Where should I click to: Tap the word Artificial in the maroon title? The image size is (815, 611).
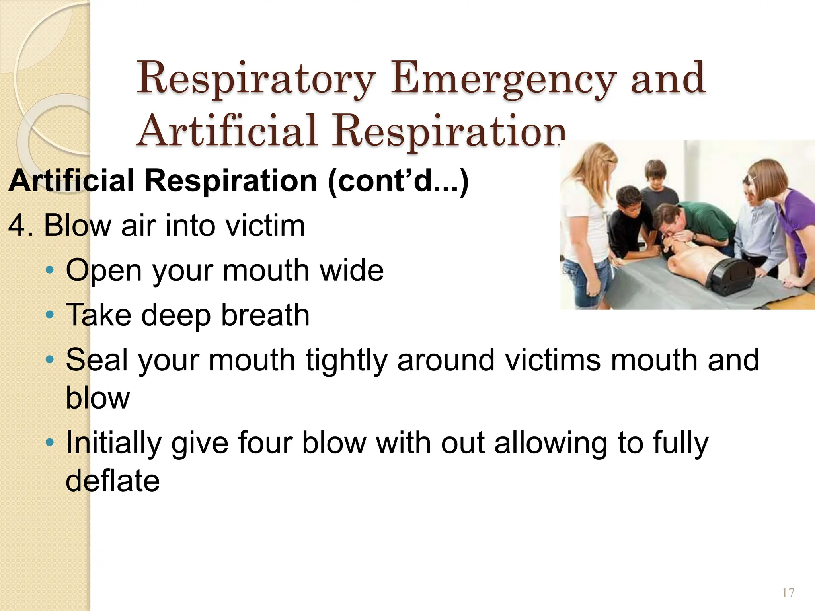tap(227, 130)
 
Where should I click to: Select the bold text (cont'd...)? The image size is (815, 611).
tap(398, 181)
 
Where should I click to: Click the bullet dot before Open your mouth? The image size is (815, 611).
tap(49, 270)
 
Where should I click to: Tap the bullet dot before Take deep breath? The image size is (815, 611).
tap(49, 315)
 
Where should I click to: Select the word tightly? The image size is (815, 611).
tap(346, 360)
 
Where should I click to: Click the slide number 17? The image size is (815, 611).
tap(788, 593)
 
